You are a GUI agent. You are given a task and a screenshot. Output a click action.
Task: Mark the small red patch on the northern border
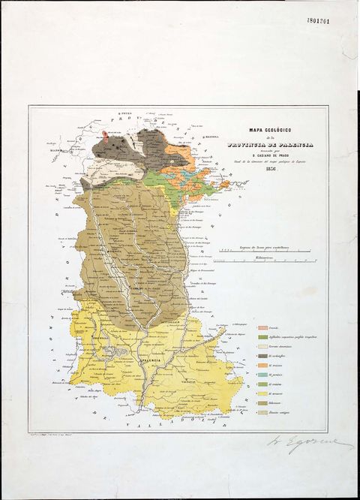coord(106,137)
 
